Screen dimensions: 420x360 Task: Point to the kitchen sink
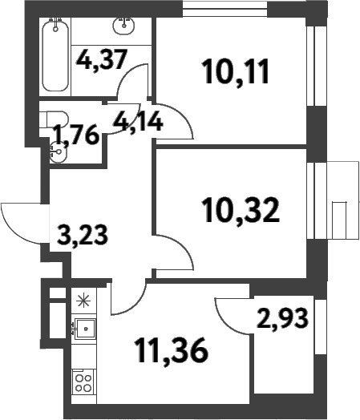point(83,329)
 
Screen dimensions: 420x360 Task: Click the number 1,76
point(75,134)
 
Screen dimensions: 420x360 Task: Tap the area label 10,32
point(239,211)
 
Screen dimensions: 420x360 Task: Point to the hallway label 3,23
point(83,236)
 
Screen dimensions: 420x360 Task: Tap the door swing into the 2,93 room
point(233,317)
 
